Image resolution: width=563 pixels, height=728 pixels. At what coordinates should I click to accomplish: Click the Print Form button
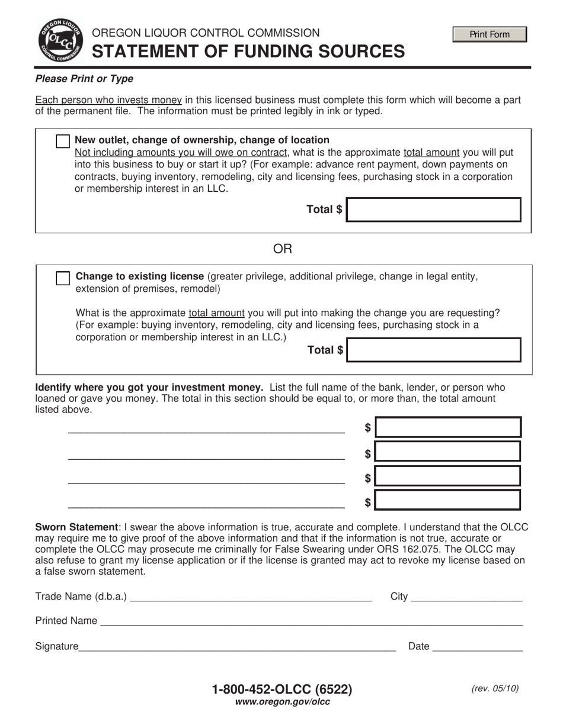pos(490,34)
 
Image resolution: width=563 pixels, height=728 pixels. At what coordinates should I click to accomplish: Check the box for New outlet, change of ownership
pos(63,141)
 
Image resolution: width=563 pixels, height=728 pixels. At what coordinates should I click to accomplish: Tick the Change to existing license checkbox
pos(63,278)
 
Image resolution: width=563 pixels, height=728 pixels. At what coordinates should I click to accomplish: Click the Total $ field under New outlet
pos(433,210)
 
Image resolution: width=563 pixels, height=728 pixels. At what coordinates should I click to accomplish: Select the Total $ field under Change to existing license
pos(433,350)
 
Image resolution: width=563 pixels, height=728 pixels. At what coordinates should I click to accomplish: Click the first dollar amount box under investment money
pos(449,427)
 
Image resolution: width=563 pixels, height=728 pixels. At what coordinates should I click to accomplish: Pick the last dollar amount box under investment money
pos(449,500)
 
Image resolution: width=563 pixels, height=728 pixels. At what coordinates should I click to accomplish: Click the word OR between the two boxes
pos(282,249)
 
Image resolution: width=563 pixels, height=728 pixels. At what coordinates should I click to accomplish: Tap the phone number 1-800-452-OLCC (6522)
pos(282,689)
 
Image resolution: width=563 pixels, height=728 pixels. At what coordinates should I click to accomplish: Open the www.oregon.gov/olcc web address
pos(282,702)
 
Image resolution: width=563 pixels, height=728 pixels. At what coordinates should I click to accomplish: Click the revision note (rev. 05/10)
pos(495,688)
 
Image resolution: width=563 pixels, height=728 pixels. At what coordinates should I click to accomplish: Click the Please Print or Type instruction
pos(84,79)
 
